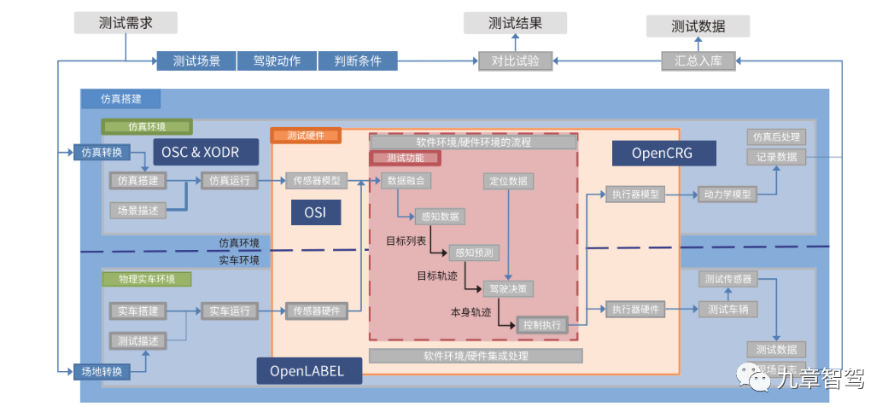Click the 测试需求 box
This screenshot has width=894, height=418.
point(126,22)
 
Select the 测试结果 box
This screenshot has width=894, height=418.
point(515,23)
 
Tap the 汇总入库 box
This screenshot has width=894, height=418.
point(698,61)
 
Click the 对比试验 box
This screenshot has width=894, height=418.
point(515,61)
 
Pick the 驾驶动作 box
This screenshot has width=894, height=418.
point(277,61)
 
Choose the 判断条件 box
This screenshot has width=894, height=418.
point(358,61)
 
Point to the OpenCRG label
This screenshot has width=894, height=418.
point(662,154)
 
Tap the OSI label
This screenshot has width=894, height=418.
point(316,212)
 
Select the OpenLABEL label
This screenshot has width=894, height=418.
point(308,371)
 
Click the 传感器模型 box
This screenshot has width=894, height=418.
point(316,181)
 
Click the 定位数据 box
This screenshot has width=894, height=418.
point(506,181)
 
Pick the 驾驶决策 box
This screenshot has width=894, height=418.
point(507,288)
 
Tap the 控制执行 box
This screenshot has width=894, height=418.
point(541,325)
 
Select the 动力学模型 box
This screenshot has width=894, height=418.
point(727,194)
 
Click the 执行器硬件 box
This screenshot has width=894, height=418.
point(634,309)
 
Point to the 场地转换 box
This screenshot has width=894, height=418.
point(102,371)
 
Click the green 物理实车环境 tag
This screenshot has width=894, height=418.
point(146,279)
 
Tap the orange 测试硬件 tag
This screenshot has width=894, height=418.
point(306,136)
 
